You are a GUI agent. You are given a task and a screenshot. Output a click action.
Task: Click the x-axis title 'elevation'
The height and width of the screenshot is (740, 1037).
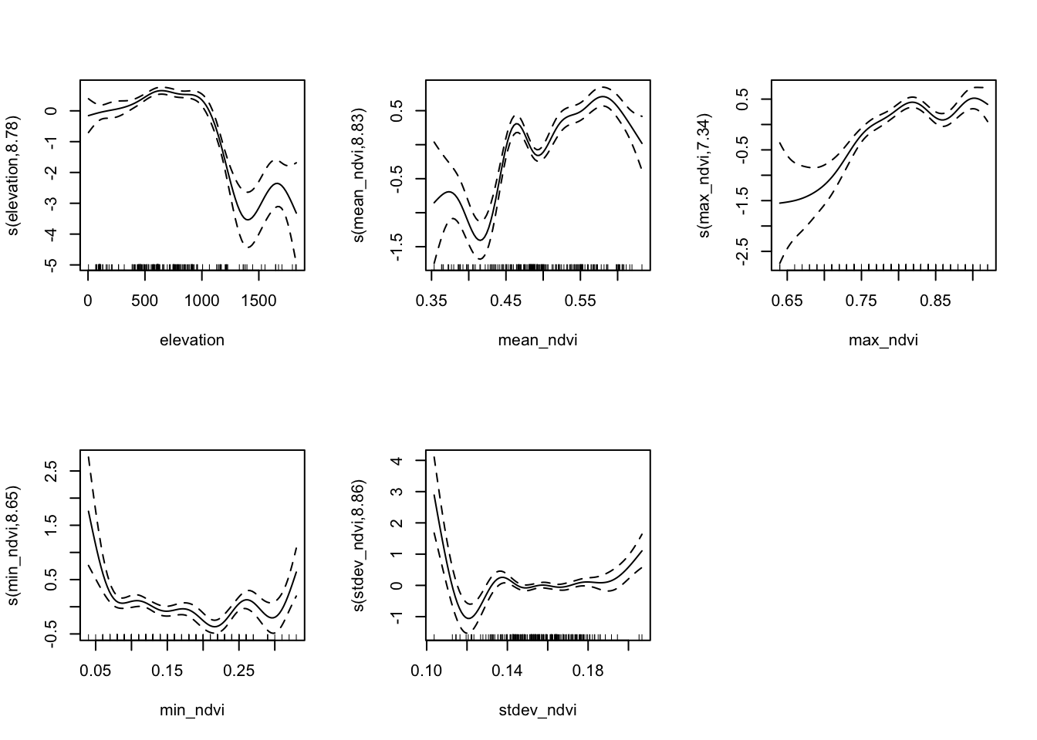(x=192, y=340)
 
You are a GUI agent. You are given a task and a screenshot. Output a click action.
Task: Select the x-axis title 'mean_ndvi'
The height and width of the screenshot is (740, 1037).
(x=538, y=340)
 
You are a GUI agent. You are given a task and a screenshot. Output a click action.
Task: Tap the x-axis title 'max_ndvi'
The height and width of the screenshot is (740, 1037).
(x=883, y=340)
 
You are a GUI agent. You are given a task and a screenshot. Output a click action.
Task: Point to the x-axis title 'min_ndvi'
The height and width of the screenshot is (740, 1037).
(x=192, y=710)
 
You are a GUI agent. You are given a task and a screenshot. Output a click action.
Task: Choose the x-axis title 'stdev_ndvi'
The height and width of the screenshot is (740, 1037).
(x=538, y=710)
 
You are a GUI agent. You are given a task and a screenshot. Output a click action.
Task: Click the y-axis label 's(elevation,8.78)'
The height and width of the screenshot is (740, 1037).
(x=14, y=175)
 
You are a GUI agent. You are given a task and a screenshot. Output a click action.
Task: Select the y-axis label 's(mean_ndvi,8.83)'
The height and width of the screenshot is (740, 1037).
(x=360, y=175)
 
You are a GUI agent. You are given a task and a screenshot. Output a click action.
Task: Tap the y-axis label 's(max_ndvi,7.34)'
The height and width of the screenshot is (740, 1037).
(x=705, y=175)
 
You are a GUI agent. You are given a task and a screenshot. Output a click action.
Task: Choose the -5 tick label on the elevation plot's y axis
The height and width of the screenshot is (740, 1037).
(x=51, y=264)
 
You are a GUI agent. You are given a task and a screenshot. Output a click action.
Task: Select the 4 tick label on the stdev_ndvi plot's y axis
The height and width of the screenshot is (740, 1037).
(x=397, y=460)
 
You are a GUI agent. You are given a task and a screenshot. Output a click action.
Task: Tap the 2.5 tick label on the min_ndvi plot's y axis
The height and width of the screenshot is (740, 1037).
(x=51, y=469)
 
